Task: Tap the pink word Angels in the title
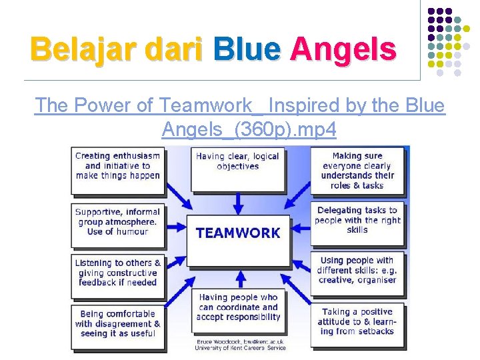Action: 343,49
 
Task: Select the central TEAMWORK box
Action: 238,235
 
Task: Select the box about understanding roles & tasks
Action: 358,171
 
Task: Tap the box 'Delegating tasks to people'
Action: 357,220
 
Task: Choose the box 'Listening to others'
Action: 117,273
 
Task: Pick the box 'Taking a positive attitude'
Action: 357,321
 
